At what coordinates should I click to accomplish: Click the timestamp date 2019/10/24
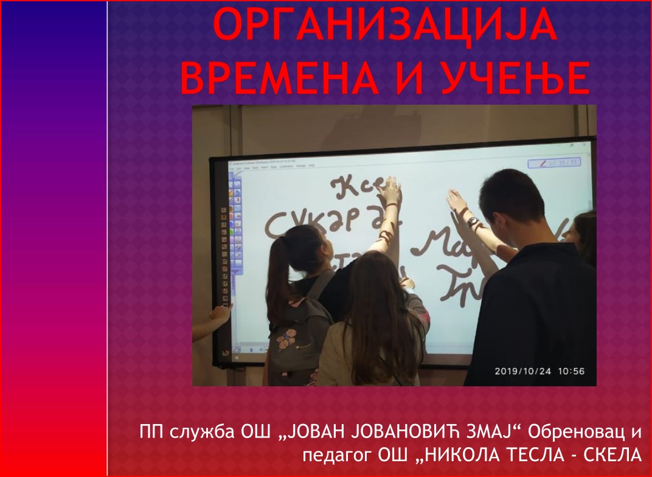522,371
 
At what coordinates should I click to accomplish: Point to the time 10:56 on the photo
571,371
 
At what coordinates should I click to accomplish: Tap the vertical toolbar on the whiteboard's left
234,237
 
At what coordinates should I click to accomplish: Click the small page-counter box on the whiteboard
553,163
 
